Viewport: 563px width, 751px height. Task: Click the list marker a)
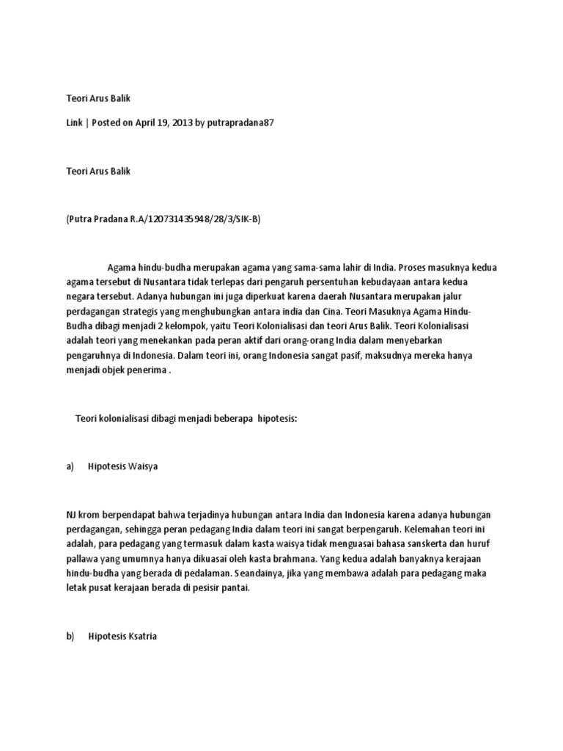(x=71, y=466)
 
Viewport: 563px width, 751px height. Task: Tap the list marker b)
(x=71, y=637)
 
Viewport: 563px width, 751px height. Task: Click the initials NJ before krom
(x=72, y=513)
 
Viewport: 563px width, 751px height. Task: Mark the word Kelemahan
(x=430, y=528)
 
